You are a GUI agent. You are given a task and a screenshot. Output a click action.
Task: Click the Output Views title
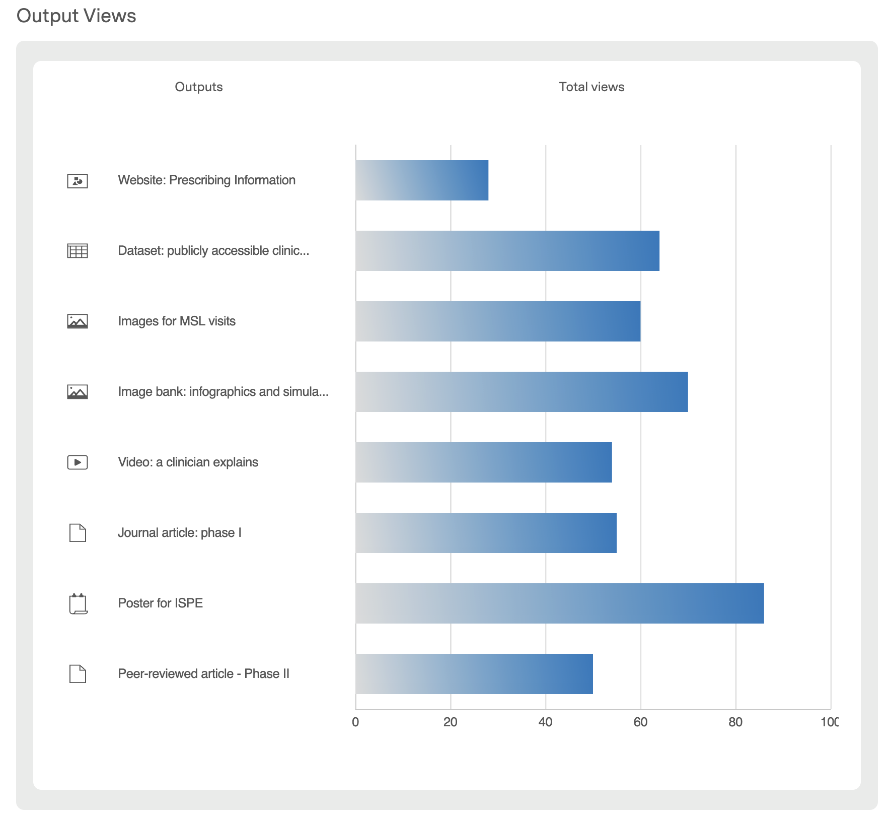pos(76,16)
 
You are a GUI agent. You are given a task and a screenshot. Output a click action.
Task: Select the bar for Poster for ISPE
pos(559,603)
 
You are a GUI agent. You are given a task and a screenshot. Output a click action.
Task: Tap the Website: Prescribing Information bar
pos(422,180)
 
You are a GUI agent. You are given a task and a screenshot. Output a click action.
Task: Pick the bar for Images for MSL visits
pos(498,321)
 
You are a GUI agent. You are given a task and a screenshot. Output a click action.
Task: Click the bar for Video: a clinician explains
pos(484,462)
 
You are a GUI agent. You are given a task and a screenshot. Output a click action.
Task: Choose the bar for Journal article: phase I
pos(486,533)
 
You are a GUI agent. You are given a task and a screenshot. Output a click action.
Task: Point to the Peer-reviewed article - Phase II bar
pos(474,674)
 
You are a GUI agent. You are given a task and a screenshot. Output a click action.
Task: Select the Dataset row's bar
pos(507,251)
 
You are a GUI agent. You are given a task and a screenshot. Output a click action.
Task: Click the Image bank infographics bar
pos(522,392)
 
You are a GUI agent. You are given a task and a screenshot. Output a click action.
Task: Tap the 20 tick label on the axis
pos(450,722)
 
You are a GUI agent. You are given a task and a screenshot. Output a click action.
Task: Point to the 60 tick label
pos(640,722)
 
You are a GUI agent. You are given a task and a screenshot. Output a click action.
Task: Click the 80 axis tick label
pos(735,722)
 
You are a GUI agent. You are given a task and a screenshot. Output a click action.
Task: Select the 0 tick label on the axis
pos(355,722)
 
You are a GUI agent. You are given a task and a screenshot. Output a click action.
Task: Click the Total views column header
pos(591,87)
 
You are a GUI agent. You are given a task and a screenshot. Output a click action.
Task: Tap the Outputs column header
pos(198,87)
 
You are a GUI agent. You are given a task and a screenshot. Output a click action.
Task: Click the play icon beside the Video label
pos(78,462)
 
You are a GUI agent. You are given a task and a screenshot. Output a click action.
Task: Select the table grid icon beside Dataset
pos(78,251)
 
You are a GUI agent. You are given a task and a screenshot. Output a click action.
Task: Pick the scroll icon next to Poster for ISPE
pos(78,603)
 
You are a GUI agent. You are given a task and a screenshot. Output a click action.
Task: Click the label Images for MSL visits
pos(177,321)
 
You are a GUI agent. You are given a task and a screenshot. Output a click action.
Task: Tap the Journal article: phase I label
pos(180,533)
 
